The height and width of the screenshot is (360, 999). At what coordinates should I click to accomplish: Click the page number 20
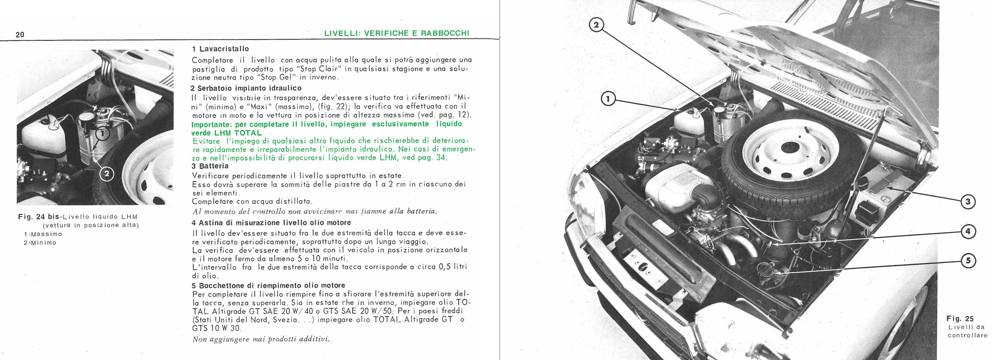pyautogui.click(x=20, y=34)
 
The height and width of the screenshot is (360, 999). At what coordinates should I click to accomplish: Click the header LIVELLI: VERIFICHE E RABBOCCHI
pyautogui.click(x=397, y=33)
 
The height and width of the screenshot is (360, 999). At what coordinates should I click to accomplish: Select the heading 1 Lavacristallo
pyautogui.click(x=220, y=49)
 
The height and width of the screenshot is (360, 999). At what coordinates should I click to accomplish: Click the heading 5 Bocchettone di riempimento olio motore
pyautogui.click(x=268, y=286)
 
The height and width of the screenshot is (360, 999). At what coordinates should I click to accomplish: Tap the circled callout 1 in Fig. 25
pyautogui.click(x=608, y=99)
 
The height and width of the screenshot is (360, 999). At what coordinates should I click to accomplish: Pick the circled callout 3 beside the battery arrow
pyautogui.click(x=968, y=202)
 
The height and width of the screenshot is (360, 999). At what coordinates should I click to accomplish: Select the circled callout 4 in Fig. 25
pyautogui.click(x=968, y=231)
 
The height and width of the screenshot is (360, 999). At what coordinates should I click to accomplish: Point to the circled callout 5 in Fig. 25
pyautogui.click(x=968, y=261)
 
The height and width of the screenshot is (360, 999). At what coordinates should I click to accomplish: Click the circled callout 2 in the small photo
pyautogui.click(x=107, y=174)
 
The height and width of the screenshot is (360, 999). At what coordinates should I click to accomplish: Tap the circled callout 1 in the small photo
pyautogui.click(x=101, y=134)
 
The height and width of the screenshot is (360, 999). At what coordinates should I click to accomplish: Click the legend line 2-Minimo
pyautogui.click(x=40, y=243)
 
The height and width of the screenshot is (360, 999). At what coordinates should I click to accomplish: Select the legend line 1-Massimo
pyautogui.click(x=43, y=234)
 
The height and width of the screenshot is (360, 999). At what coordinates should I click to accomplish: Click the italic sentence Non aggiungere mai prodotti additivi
pyautogui.click(x=261, y=339)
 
